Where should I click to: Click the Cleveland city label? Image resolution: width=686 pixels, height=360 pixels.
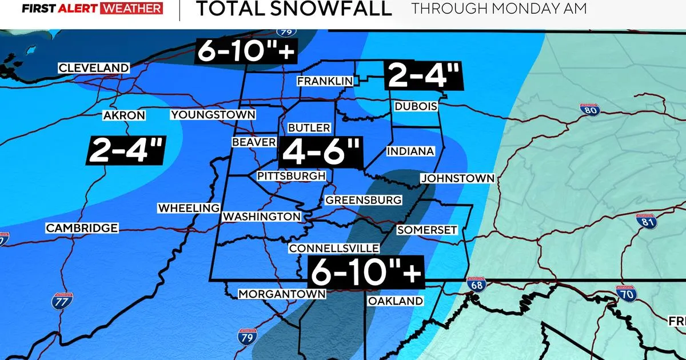(x=94, y=68)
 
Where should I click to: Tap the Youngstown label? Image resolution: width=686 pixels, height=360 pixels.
(x=213, y=115)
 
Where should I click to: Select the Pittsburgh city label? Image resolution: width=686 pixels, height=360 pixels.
(x=291, y=175)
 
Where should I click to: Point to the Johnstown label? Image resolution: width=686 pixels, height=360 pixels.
(x=457, y=178)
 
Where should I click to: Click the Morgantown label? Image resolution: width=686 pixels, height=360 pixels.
(x=281, y=294)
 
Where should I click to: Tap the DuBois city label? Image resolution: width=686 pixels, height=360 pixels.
(x=416, y=107)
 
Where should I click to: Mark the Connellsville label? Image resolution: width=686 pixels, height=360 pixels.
(x=334, y=249)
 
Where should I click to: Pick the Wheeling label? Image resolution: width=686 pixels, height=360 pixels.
(x=189, y=208)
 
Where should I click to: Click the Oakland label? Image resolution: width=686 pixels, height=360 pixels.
(x=395, y=301)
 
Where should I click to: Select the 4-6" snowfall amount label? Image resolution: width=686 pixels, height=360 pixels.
(x=320, y=152)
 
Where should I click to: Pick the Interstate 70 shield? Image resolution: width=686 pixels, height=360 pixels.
(x=625, y=294)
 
